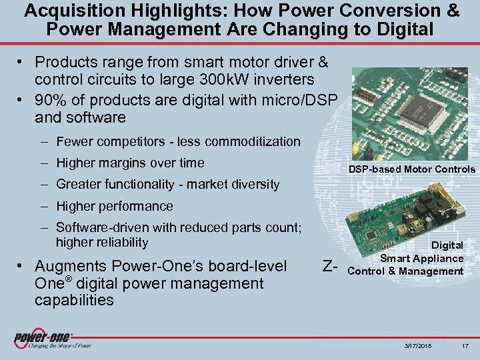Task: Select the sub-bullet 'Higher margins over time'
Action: coord(130,163)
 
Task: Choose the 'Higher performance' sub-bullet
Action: coord(115,206)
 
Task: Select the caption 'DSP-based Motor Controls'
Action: coord(412,169)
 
